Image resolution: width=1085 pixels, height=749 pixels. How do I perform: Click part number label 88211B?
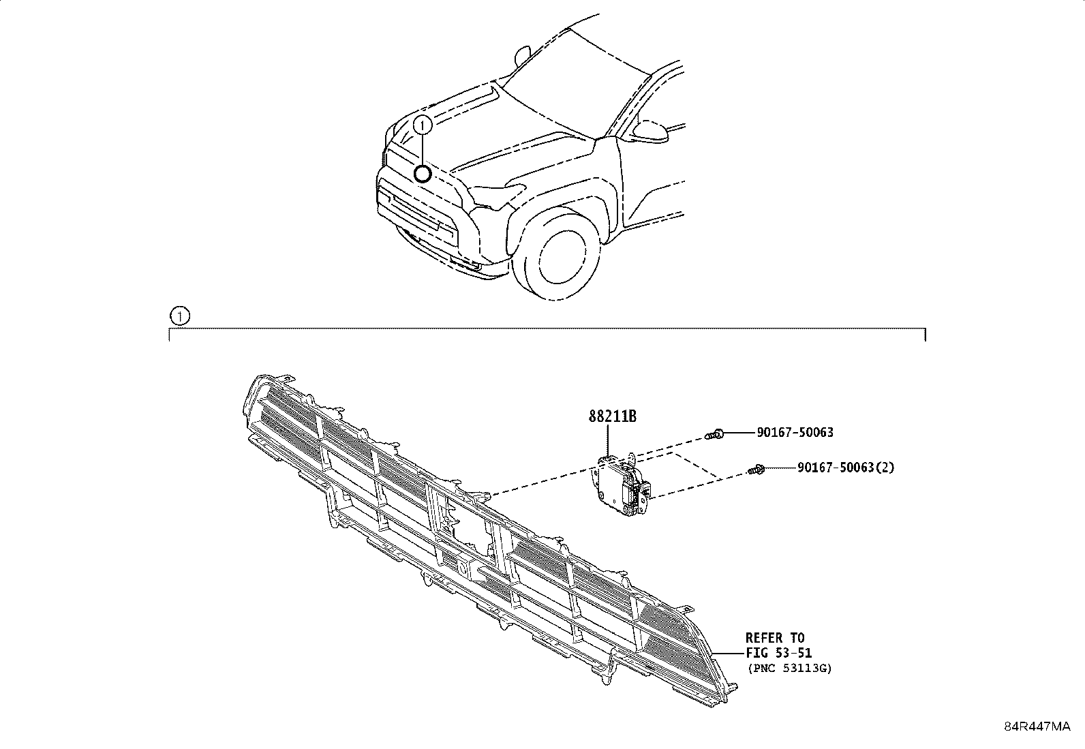tap(613, 416)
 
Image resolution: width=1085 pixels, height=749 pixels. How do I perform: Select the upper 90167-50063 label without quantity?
tap(795, 432)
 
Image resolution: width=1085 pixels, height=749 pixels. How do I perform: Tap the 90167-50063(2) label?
tap(846, 468)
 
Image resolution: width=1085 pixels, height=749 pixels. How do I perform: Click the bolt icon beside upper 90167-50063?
tap(715, 433)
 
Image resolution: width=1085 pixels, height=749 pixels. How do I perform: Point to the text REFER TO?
tap(774, 638)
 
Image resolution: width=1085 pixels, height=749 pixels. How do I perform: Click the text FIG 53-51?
tap(778, 653)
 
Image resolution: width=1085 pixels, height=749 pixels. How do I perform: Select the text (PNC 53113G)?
tap(789, 668)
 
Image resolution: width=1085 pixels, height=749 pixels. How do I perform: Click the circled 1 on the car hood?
tap(423, 125)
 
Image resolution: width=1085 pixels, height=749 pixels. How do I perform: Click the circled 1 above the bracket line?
tap(179, 316)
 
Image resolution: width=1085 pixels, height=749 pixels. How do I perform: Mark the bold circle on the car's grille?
tap(423, 173)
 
